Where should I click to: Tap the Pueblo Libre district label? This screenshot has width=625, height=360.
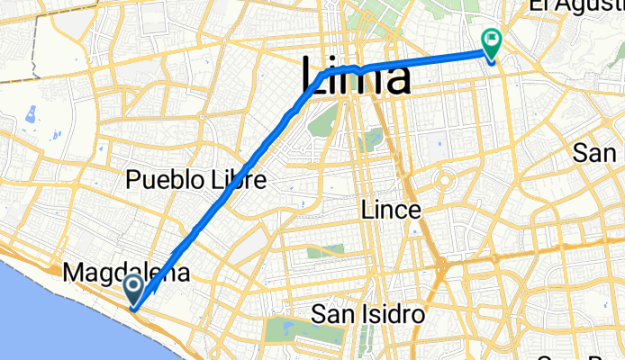point(196,179)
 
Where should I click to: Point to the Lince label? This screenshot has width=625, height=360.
point(390,210)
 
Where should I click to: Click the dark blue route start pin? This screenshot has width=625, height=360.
point(133,290)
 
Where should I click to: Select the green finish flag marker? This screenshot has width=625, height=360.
point(492,41)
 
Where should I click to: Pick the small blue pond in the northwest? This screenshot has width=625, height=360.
point(32,114)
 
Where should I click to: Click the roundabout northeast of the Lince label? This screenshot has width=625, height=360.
point(444,179)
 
